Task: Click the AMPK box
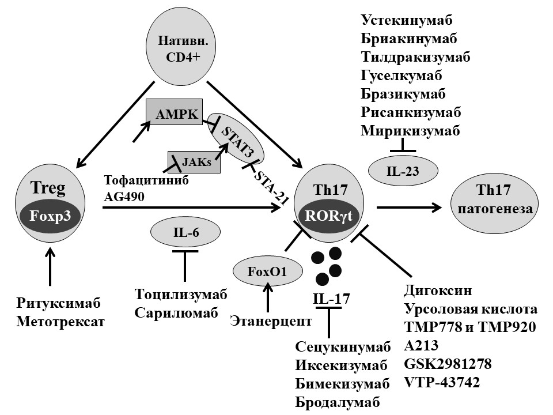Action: pos(173,112)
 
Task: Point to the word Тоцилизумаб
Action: pos(181,294)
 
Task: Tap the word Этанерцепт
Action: pos(271,320)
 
